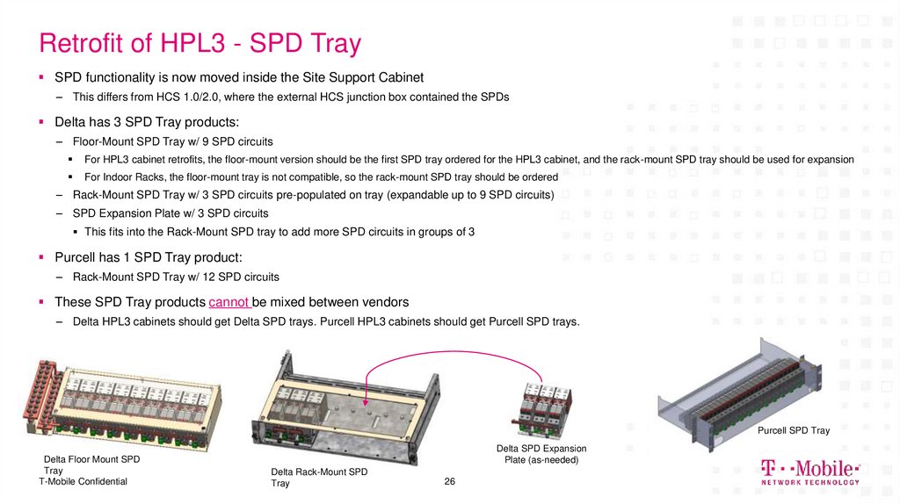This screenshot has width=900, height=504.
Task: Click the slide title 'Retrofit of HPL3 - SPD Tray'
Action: (x=201, y=43)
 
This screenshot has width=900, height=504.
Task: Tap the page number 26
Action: (x=450, y=482)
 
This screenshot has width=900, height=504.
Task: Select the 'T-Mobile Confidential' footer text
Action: (x=83, y=481)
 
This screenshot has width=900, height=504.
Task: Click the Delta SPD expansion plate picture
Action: (x=544, y=407)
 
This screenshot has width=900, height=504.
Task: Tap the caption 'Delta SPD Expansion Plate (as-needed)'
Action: (x=541, y=454)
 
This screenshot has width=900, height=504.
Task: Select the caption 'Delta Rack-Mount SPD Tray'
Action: (x=319, y=478)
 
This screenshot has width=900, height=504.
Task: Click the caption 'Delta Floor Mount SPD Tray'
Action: (x=91, y=464)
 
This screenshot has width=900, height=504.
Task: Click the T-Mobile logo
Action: (x=809, y=468)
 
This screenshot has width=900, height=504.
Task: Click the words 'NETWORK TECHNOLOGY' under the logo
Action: (x=809, y=482)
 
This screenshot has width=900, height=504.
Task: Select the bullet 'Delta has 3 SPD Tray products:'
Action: (x=147, y=121)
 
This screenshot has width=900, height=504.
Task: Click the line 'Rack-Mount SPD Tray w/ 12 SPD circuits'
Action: (x=176, y=277)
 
